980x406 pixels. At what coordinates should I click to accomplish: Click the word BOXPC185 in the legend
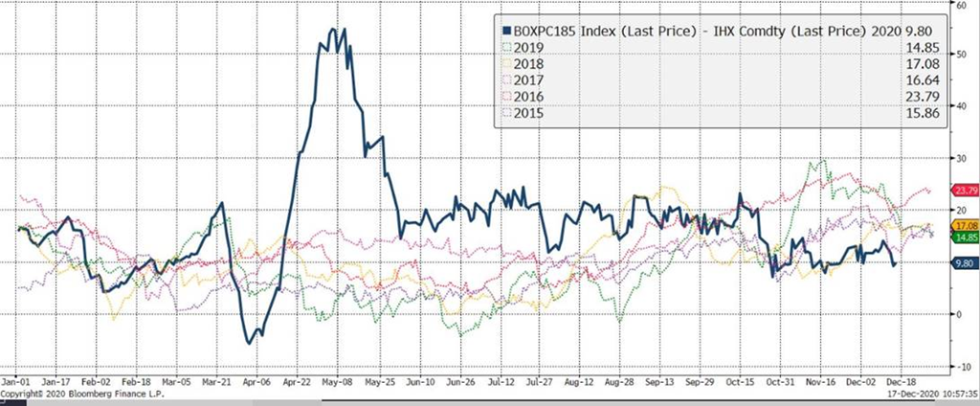click(x=542, y=29)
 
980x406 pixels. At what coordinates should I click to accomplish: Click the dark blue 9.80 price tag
click(x=959, y=262)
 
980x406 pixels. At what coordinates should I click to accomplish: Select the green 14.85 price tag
click(x=959, y=237)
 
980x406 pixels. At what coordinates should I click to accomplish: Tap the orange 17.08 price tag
click(x=959, y=225)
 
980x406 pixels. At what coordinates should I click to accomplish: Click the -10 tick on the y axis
click(x=955, y=366)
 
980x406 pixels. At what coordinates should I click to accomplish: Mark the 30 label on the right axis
click(x=953, y=158)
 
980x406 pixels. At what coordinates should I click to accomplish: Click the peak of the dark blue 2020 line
click(x=332, y=30)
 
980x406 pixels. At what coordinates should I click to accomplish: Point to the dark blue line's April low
click(x=251, y=342)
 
